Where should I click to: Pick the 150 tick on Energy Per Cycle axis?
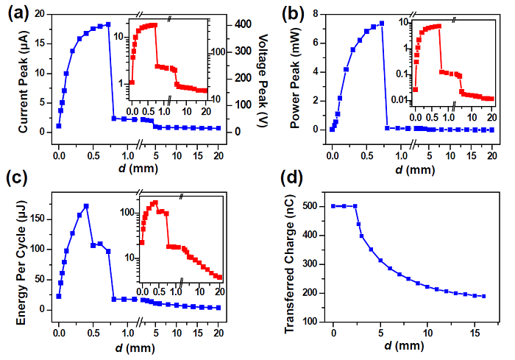pyautogui.click(x=41, y=219)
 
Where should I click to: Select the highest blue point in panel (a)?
pyautogui.click(x=108, y=24)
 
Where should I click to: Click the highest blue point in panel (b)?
pyautogui.click(x=382, y=23)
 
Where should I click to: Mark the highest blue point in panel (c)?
pyautogui.click(x=86, y=206)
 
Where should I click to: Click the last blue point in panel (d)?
pyautogui.click(x=483, y=296)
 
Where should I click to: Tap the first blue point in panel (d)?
pyautogui.click(x=333, y=206)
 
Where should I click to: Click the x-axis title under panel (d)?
pyautogui.click(x=408, y=343)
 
